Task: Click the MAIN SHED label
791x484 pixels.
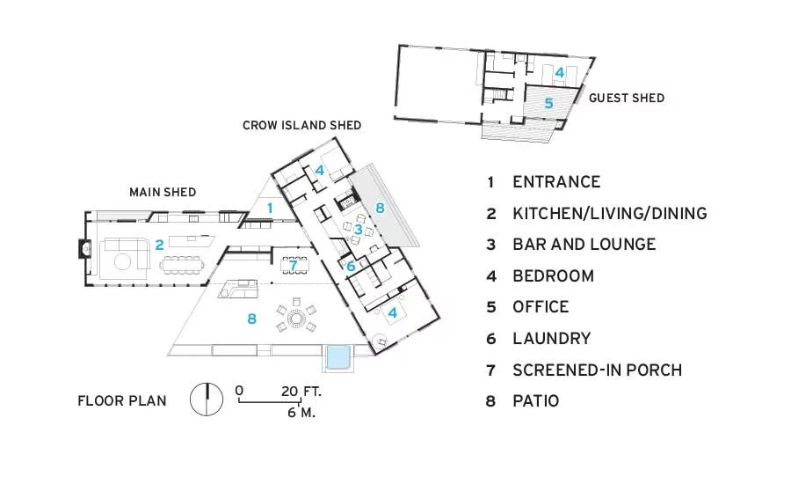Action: tap(163, 192)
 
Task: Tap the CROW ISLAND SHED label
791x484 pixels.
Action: tap(301, 125)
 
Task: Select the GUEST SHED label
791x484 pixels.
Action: tap(627, 98)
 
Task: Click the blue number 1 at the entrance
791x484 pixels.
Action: tap(270, 208)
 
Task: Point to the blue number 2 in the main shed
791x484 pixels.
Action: tap(159, 245)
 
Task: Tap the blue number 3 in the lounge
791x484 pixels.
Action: tap(359, 230)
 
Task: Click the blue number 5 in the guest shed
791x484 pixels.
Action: tap(548, 104)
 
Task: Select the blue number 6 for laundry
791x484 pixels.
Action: tap(351, 266)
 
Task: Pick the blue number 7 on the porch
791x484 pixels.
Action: tap(293, 264)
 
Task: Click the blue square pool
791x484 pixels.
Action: tap(339, 357)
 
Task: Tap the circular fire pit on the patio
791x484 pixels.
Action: tap(296, 319)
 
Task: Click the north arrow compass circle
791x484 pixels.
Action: tap(207, 400)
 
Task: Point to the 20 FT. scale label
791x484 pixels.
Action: tap(301, 392)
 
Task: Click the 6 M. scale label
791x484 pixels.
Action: tap(301, 413)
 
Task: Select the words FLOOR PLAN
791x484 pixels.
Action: tap(122, 401)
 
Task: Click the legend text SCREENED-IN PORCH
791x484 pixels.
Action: tap(598, 370)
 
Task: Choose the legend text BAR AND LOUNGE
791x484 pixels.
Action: tap(584, 245)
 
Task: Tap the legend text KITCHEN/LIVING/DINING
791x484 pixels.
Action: tap(610, 213)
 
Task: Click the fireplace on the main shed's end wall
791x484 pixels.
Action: tap(84, 248)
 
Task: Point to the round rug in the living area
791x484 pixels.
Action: tap(123, 261)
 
